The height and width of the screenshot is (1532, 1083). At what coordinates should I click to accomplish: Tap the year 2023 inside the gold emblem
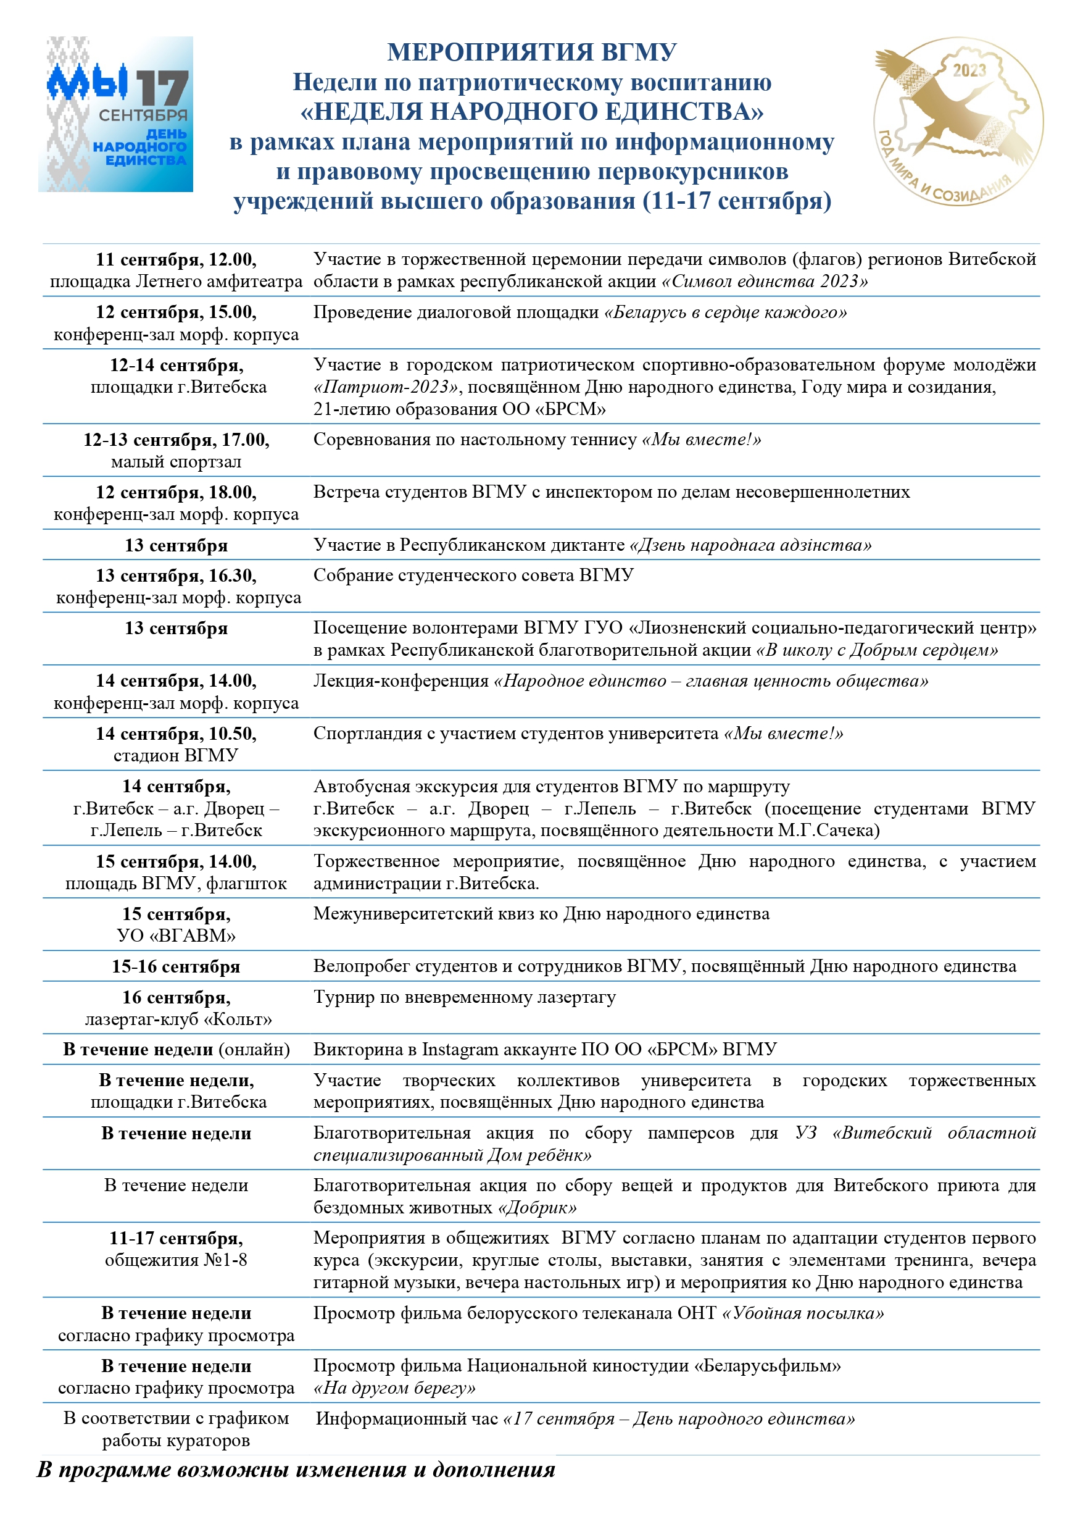tap(969, 70)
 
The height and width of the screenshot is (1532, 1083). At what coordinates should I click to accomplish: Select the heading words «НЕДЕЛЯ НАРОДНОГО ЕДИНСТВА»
tap(531, 111)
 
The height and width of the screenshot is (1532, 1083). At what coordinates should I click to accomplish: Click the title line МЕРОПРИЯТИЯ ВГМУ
tap(531, 52)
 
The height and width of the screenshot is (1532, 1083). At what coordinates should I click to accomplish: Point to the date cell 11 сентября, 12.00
tap(176, 259)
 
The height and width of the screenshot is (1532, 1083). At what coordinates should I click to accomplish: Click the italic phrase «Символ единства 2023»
tap(764, 281)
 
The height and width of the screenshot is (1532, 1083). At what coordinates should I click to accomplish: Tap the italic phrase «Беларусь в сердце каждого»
tap(725, 312)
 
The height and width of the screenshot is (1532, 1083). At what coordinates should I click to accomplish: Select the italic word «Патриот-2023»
tap(386, 387)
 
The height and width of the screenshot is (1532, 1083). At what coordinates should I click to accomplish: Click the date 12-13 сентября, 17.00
tap(176, 440)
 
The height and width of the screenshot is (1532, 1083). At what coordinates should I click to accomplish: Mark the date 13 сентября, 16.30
tap(176, 575)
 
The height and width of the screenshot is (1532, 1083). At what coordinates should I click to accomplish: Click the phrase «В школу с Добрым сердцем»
tap(877, 650)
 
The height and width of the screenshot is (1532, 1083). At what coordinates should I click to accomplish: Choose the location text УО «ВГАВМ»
tap(176, 936)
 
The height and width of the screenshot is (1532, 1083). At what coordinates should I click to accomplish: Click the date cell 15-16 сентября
tap(176, 967)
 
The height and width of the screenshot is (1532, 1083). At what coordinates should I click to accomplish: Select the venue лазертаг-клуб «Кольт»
tap(178, 1019)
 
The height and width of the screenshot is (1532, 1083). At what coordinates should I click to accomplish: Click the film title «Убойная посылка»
tap(803, 1313)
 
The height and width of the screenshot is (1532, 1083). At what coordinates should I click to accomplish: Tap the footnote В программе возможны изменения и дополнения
tap(296, 1468)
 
